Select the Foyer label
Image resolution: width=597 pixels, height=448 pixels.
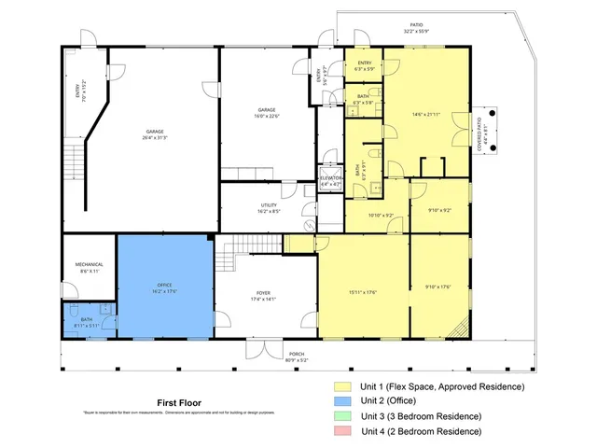263,297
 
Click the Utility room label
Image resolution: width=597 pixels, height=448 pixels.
269,208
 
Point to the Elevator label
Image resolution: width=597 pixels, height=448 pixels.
331,181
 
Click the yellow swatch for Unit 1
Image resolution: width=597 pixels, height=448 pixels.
345,386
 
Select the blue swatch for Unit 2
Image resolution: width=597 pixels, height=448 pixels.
345,401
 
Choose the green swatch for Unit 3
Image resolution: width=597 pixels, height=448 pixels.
345,416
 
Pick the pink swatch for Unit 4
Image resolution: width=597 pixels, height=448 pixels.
345,431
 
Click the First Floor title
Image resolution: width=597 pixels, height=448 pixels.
178,403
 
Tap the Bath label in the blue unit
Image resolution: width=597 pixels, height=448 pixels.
89,323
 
